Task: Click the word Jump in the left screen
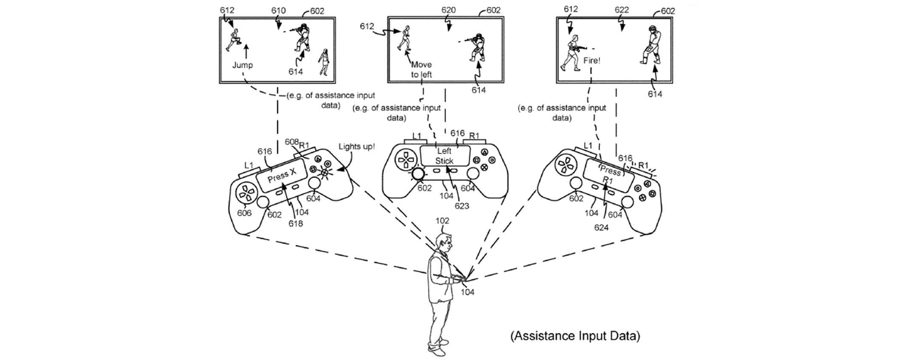pyautogui.click(x=242, y=65)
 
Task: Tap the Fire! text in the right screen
pyautogui.click(x=592, y=61)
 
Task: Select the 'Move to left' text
pyautogui.click(x=421, y=70)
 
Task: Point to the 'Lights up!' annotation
pyautogui.click(x=357, y=146)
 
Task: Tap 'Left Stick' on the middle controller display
pyautogui.click(x=444, y=156)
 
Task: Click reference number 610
pyautogui.click(x=278, y=11)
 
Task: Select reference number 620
pyautogui.click(x=448, y=10)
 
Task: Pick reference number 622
pyautogui.click(x=622, y=10)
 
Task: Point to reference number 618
pyautogui.click(x=295, y=223)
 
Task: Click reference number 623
pyautogui.click(x=462, y=206)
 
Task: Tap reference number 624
pyautogui.click(x=601, y=228)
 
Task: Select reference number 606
pyautogui.click(x=244, y=213)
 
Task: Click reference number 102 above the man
pyautogui.click(x=442, y=221)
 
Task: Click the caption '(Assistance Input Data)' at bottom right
pyautogui.click(x=575, y=336)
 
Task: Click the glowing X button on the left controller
pyautogui.click(x=324, y=172)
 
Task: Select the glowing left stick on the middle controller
pyautogui.click(x=419, y=174)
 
